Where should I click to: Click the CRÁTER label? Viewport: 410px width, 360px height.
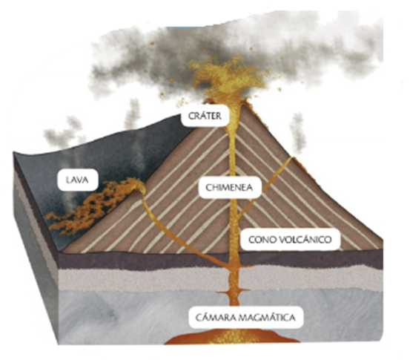tap(205, 116)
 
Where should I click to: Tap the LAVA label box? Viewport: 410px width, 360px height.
tap(77, 180)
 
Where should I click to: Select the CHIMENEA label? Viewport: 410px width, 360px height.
tap(229, 188)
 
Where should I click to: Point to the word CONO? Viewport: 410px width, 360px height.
tap(261, 240)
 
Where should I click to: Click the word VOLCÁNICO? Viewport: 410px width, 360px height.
tap(304, 240)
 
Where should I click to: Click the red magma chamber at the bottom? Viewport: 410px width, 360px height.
tap(233, 337)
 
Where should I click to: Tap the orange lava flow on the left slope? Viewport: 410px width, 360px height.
tap(91, 207)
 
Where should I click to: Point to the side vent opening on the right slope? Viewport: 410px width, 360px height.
tap(292, 158)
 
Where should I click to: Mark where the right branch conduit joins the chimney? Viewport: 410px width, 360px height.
tap(237, 217)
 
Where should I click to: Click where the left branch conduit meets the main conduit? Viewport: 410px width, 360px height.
tap(230, 265)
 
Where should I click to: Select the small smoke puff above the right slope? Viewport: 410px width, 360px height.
tap(297, 134)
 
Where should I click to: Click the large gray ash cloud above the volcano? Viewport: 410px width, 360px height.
tap(235, 53)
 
